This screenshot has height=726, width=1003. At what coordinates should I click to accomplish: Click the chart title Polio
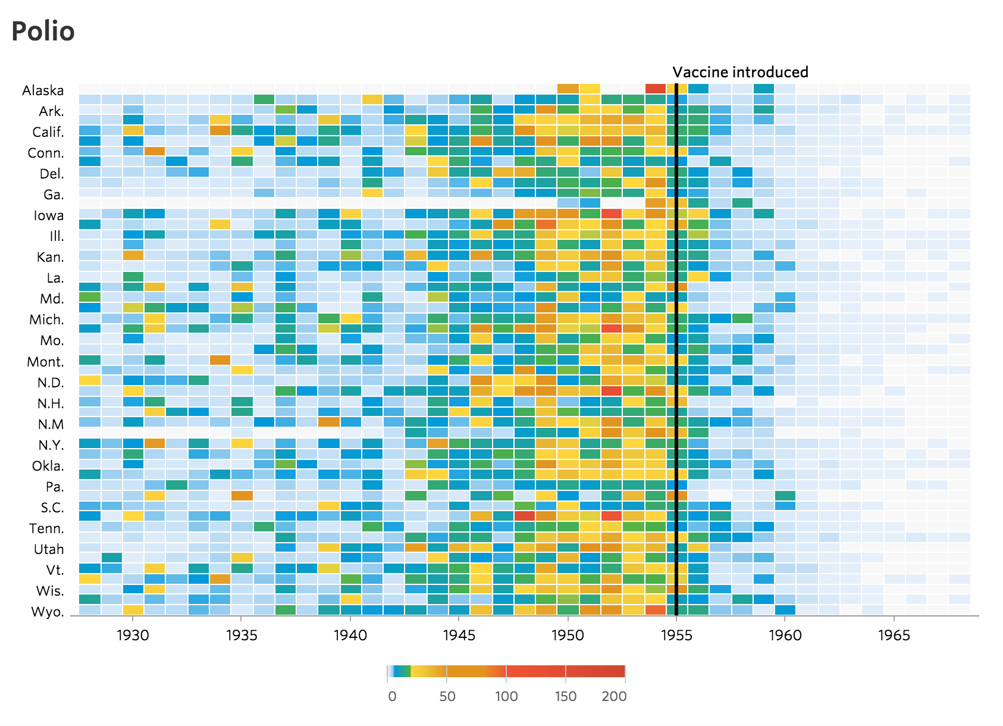coord(43,32)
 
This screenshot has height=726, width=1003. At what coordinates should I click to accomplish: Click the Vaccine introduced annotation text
coord(740,73)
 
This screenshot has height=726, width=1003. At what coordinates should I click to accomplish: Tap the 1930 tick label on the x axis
coord(133,636)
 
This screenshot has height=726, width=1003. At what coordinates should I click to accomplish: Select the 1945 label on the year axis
coord(459,636)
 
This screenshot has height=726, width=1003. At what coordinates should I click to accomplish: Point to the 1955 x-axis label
coord(676,636)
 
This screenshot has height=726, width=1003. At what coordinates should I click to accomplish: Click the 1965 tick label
coord(894,636)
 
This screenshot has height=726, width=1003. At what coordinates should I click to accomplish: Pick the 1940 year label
coord(350,636)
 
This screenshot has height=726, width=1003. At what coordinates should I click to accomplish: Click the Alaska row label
coord(43,90)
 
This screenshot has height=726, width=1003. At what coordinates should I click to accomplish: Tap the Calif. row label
coord(48,132)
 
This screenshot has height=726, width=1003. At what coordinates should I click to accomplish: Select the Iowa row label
coord(48,215)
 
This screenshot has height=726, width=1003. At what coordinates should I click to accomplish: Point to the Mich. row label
coord(46,320)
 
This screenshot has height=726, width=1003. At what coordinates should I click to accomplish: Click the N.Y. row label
coord(51,445)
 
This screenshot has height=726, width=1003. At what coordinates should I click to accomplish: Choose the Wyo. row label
coord(48,612)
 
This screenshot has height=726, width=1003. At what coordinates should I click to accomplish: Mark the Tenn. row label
coord(46,528)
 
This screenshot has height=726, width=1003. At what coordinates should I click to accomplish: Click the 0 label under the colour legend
coord(392,696)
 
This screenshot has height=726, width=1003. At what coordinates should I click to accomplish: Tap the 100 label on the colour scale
coord(506,696)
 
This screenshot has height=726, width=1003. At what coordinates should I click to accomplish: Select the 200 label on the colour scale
coord(614,696)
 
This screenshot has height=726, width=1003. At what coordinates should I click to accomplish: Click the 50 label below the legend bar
coord(447,696)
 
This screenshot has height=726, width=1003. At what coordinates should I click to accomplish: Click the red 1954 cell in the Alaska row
coord(655,89)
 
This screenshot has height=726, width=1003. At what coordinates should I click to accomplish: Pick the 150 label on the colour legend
coord(565,696)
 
